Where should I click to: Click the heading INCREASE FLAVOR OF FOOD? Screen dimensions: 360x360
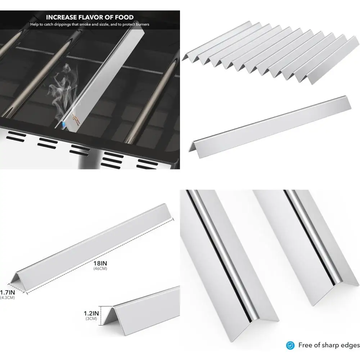coord(90,17)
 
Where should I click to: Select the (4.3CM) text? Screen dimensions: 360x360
coord(7,297)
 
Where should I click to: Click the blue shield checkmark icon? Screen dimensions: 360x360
coord(290,345)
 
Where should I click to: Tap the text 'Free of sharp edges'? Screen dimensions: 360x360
coord(329,345)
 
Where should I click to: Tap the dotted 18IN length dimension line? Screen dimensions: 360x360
coord(101,256)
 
